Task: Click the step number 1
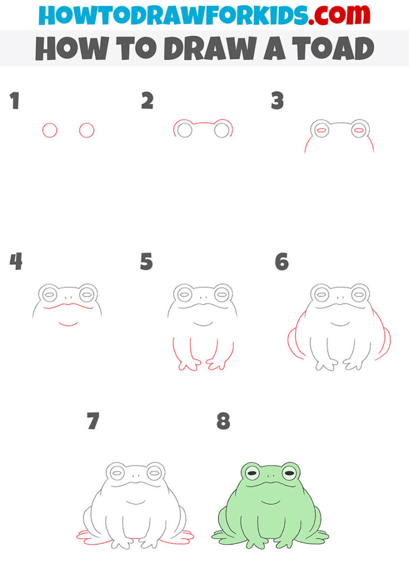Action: [x=14, y=101]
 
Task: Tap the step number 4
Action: [x=16, y=262]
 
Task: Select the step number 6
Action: [x=281, y=262]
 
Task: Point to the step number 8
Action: [x=223, y=422]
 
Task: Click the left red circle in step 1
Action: [x=50, y=131]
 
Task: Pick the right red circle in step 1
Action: [x=87, y=131]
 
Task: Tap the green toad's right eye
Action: [x=290, y=472]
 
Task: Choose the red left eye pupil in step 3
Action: [x=321, y=129]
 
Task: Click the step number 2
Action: [x=147, y=101]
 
